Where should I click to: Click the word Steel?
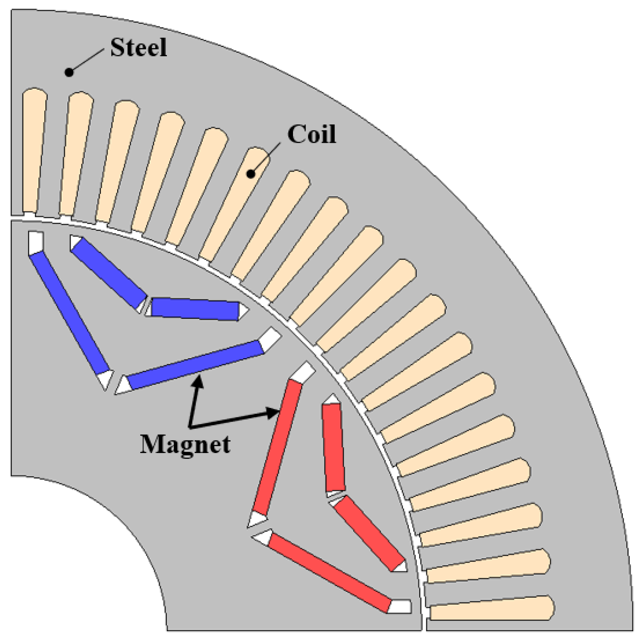pos(138,48)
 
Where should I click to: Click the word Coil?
pos(312,135)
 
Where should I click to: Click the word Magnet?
pos(185,444)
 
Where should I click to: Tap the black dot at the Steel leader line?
pos(69,72)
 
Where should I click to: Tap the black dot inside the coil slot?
pos(251,174)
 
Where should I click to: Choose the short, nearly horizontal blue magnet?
pos(195,309)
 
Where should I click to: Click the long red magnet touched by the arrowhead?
pos(278,447)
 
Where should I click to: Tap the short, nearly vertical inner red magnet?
pos(333,447)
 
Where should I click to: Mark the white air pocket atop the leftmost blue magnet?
pos(36,242)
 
